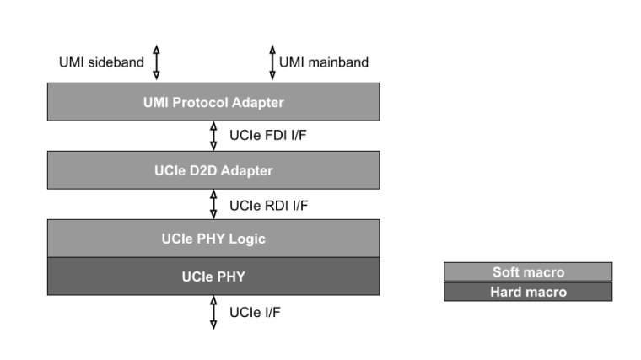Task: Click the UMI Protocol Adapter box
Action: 213,102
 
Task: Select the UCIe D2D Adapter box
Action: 213,170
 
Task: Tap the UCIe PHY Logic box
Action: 213,239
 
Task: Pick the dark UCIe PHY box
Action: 213,277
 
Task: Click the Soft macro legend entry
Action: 528,271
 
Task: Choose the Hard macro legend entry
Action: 528,292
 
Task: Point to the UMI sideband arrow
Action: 156,62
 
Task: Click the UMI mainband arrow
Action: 272,62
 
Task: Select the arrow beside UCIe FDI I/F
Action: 213,136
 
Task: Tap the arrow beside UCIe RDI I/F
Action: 213,204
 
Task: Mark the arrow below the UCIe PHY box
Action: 213,313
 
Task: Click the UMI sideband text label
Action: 101,62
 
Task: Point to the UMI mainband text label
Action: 324,62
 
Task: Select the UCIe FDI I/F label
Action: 267,135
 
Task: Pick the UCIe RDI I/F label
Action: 268,206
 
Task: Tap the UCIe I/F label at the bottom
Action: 255,313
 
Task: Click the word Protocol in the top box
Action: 200,102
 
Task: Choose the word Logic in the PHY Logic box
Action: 247,239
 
